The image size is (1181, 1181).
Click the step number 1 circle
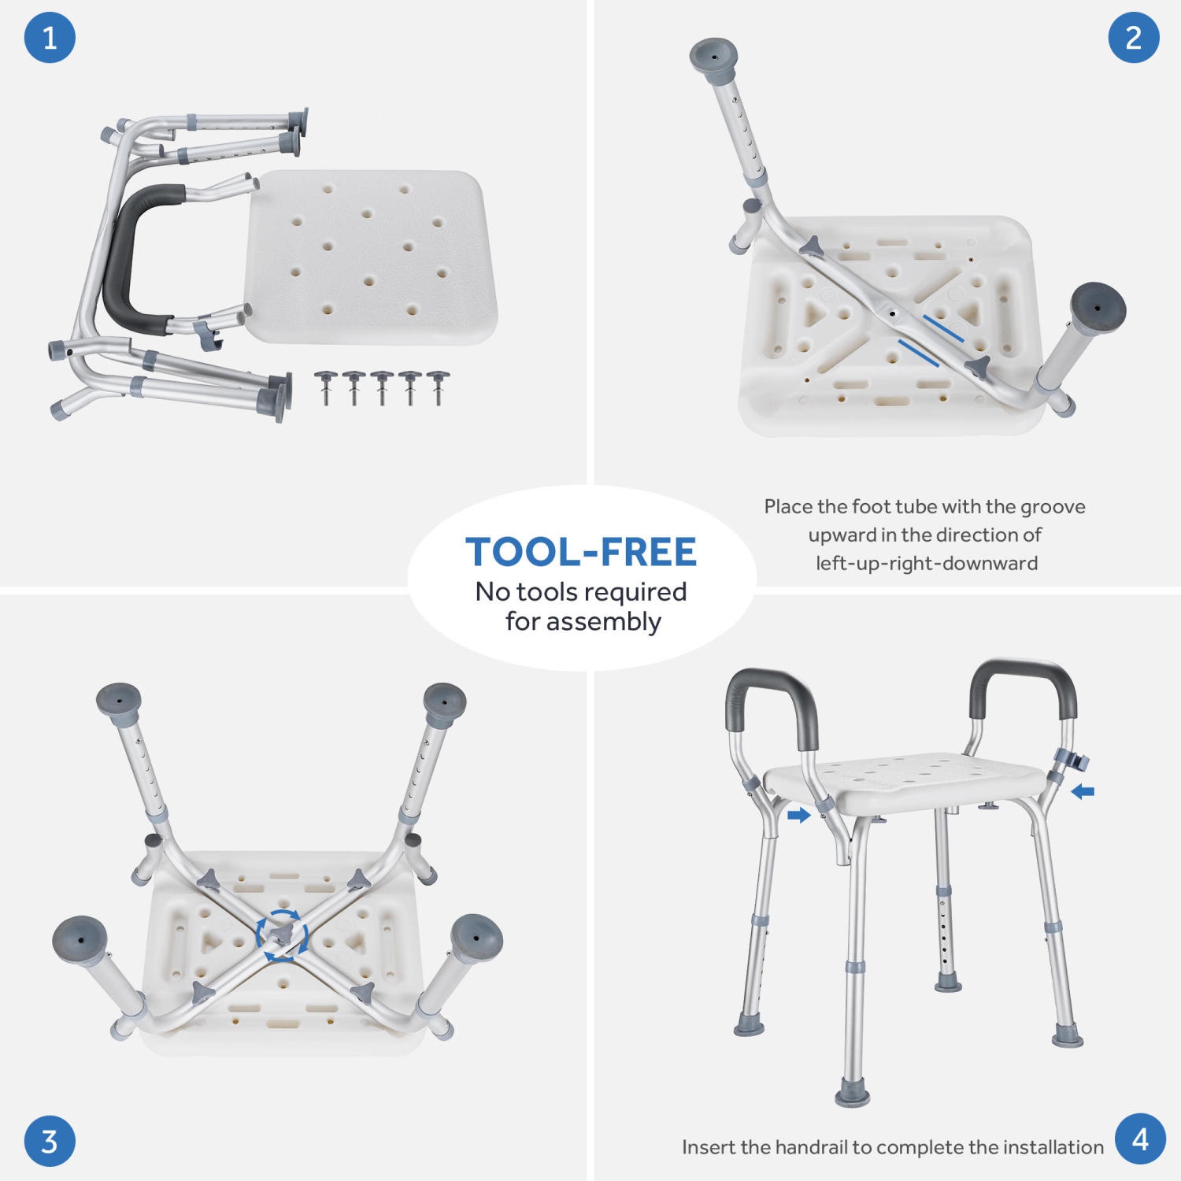tap(50, 37)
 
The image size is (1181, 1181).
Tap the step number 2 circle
tap(1134, 37)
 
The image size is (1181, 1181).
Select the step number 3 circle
tap(50, 1141)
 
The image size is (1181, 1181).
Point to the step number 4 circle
tap(1140, 1138)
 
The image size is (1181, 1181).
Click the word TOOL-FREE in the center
tap(581, 552)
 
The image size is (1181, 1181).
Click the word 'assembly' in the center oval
tap(605, 623)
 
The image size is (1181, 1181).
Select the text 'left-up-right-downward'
tap(927, 563)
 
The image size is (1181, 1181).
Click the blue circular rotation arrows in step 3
tap(282, 935)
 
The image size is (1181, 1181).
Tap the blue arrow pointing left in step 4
tap(1083, 791)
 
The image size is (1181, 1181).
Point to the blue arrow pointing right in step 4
tap(798, 816)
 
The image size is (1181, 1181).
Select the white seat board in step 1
tap(372, 257)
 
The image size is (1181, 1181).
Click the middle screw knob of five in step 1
tap(382, 387)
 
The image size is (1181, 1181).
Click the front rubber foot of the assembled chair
tap(853, 1094)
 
